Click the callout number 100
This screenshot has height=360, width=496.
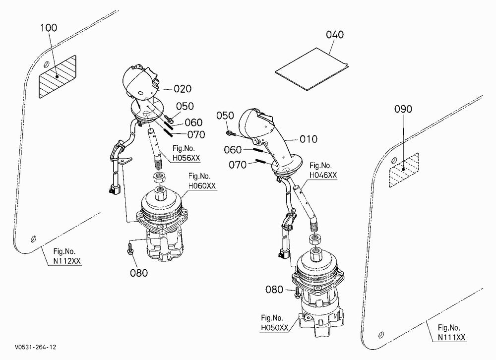(49, 28)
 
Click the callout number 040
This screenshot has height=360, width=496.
(335, 35)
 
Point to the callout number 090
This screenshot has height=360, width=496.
(403, 109)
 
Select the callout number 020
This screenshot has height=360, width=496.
(183, 89)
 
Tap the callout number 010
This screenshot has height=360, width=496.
(308, 139)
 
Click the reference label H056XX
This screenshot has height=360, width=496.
(186, 158)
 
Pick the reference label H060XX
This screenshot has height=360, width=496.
(202, 185)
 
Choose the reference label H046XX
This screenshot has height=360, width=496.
(323, 175)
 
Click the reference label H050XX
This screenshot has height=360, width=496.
(275, 328)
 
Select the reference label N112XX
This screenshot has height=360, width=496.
(67, 261)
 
